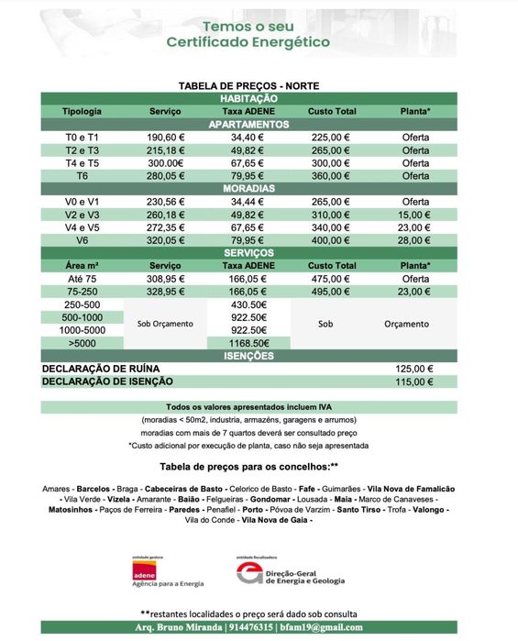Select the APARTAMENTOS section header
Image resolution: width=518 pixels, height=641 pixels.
(248, 124)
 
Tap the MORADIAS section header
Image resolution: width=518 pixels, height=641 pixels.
(248, 188)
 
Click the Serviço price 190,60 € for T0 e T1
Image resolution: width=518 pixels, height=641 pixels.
(166, 137)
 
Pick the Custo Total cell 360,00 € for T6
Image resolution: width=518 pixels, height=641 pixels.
(332, 175)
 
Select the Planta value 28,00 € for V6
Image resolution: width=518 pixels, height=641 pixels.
(415, 240)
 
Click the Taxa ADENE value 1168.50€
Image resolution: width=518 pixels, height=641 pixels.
(248, 343)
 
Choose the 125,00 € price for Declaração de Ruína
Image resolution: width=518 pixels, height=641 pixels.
(414, 369)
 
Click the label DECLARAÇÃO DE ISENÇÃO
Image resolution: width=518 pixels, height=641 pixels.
(107, 381)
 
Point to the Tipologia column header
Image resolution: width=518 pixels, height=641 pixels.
(83, 111)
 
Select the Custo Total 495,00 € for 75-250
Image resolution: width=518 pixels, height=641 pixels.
(332, 291)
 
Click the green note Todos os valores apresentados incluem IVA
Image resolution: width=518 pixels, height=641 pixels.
(248, 407)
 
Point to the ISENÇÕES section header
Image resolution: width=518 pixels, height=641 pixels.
(248, 356)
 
